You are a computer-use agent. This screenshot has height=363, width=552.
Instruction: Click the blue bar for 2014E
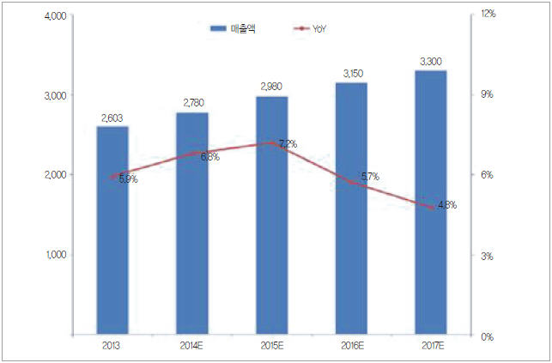pos(193,249)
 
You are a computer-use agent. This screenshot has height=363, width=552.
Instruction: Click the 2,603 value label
pos(112,118)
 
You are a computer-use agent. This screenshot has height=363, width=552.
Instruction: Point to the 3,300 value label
pos(431,62)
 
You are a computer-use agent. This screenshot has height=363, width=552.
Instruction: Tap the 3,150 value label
pos(351,75)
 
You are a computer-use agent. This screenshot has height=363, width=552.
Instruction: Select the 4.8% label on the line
pos(445,205)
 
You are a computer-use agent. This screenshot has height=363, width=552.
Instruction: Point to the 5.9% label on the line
pos(125,178)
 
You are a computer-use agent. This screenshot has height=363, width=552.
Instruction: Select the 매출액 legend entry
pos(239,29)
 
